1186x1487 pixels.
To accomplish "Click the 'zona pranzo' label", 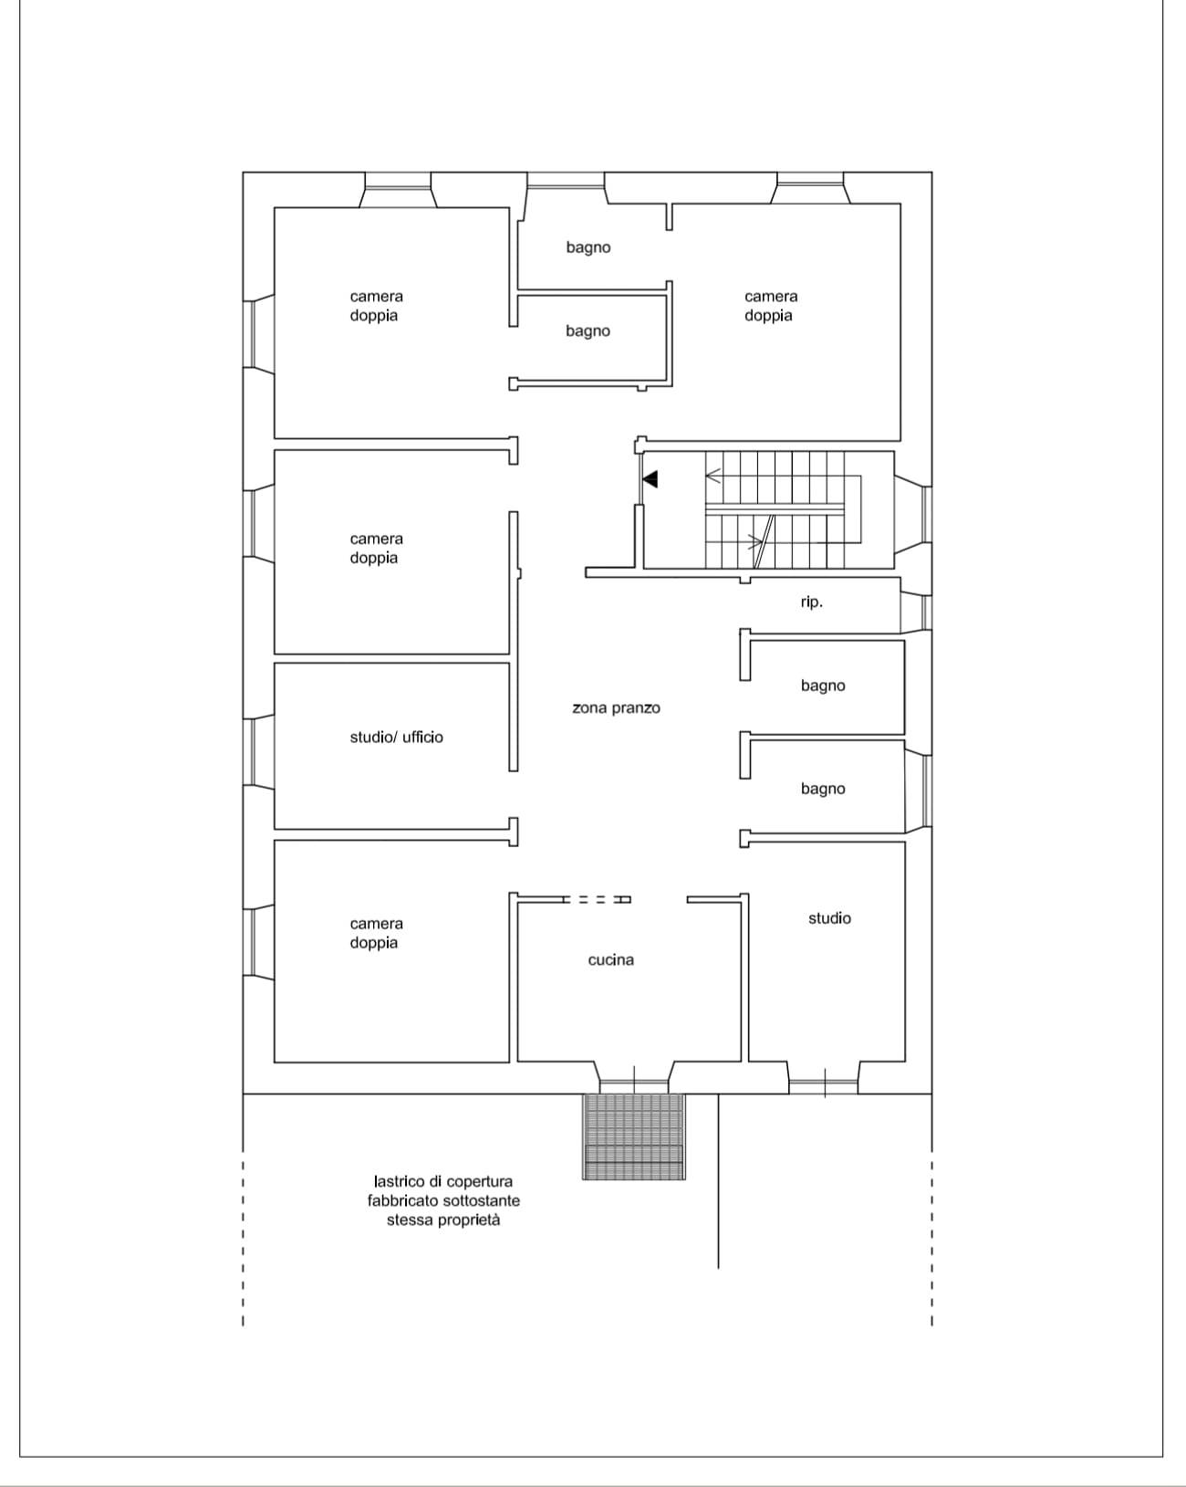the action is click(616, 707).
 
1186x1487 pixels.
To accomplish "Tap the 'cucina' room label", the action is click(610, 959).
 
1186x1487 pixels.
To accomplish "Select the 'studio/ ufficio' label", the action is click(397, 738).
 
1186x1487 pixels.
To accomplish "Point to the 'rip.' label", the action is click(812, 602).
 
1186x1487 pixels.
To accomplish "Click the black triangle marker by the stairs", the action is click(650, 479).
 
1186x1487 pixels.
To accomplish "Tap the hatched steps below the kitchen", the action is click(633, 1136).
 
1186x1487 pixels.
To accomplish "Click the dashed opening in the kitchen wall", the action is click(597, 900).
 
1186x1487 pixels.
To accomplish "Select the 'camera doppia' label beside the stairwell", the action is click(771, 306).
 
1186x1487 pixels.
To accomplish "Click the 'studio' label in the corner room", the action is click(829, 918).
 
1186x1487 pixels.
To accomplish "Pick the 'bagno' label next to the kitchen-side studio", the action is click(823, 789).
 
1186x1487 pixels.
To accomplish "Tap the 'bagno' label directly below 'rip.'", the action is click(823, 686).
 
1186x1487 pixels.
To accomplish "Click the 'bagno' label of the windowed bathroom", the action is click(588, 247).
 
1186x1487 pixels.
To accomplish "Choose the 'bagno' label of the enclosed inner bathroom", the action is click(588, 331).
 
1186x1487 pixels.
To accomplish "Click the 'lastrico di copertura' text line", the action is click(443, 1181).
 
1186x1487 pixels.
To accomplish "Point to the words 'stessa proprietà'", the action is click(443, 1220).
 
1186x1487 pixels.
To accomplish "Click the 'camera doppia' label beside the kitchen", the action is click(377, 933).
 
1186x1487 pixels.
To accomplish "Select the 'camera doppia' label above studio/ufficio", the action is click(377, 548).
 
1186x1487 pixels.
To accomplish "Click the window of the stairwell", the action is click(925, 514).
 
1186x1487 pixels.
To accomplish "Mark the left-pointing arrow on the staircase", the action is click(713, 476).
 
